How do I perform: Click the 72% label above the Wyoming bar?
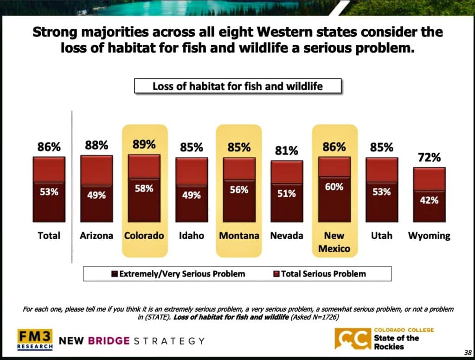coord(429,158)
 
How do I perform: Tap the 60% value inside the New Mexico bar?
coord(334,187)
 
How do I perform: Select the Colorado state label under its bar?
coord(144,236)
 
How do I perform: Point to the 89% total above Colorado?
coord(144,144)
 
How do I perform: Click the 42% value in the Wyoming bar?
coord(429,200)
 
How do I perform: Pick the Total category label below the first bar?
coord(49,236)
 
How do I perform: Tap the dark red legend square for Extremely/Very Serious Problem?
coord(115,274)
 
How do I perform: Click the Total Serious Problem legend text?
coord(323,274)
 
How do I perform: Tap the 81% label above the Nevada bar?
coord(286,151)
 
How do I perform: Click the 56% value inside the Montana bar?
coord(239,190)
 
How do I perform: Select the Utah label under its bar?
coord(381,236)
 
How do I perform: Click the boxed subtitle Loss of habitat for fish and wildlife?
coord(237,86)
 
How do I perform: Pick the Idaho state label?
coord(192,236)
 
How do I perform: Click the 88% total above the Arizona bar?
coord(96,146)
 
